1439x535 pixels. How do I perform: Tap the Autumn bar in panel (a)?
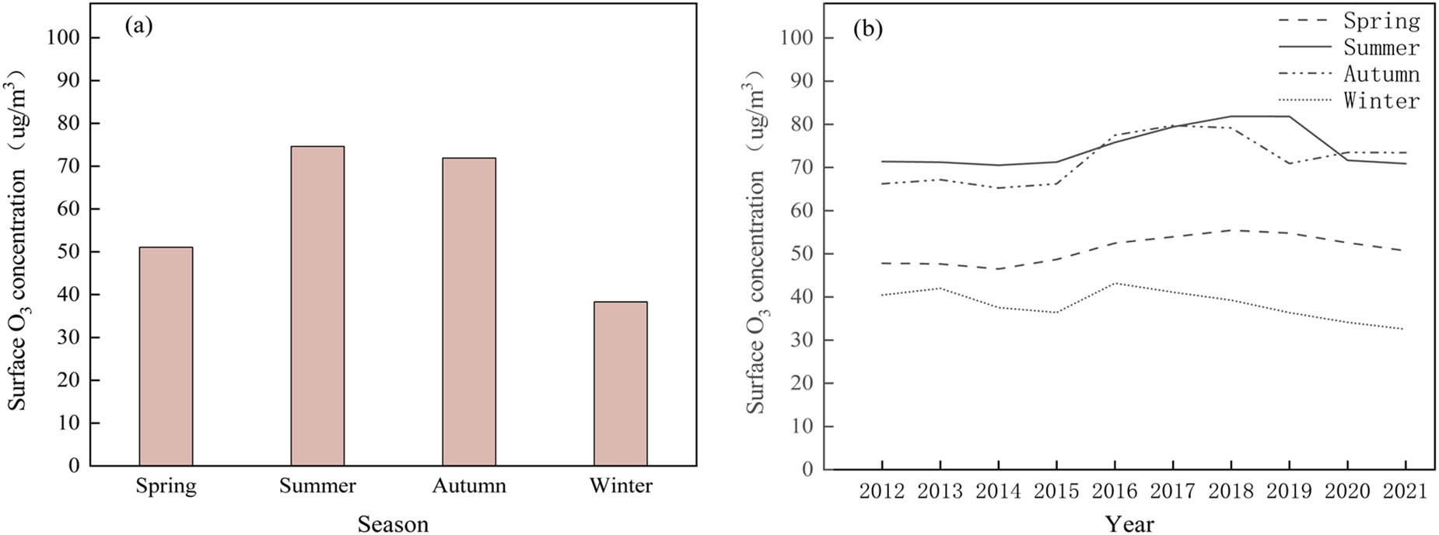(469, 312)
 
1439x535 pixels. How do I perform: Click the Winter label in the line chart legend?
(1381, 101)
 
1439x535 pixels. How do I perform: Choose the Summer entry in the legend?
(1381, 48)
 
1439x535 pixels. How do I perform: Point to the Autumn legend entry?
(1381, 75)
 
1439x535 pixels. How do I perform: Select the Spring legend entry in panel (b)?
(1381, 22)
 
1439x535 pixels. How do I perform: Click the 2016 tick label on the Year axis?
(1115, 491)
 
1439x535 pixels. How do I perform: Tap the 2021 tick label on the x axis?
(1406, 491)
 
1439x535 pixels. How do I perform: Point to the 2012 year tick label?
(882, 491)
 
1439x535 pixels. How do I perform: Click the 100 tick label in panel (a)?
(62, 38)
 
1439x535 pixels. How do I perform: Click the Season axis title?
(393, 524)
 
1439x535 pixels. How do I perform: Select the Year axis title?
(1129, 524)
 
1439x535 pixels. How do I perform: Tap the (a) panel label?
(138, 26)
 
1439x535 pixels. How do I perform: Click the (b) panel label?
(868, 30)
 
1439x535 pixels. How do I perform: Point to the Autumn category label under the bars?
(469, 486)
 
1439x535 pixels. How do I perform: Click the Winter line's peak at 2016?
(1115, 283)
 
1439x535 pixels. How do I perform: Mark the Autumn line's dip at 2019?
(1289, 163)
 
